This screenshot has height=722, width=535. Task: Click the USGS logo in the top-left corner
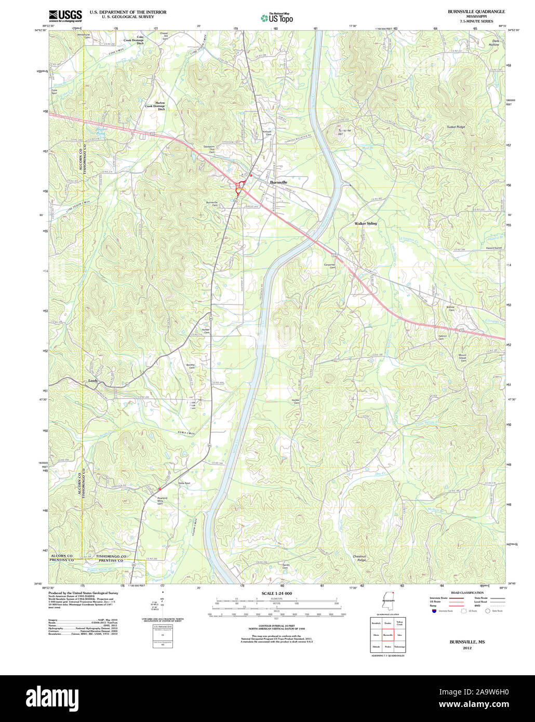pyautogui.click(x=65, y=15)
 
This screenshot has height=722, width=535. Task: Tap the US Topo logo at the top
pyautogui.click(x=277, y=18)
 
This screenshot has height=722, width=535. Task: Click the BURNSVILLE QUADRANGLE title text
pyautogui.click(x=476, y=11)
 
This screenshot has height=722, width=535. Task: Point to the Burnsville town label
pyautogui.click(x=278, y=182)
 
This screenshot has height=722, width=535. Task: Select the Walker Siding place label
pyautogui.click(x=366, y=223)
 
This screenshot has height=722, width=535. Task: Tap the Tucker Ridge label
pyautogui.click(x=456, y=127)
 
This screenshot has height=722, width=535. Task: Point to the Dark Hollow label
pyautogui.click(x=493, y=43)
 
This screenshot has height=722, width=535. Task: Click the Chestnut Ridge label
pyautogui.click(x=359, y=558)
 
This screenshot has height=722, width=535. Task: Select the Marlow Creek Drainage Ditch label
pyautogui.click(x=155, y=106)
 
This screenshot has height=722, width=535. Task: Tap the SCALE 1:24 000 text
pyautogui.click(x=276, y=593)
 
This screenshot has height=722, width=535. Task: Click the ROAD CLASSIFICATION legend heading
pyautogui.click(x=467, y=593)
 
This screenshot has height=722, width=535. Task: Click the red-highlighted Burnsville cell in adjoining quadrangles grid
pyautogui.click(x=387, y=635)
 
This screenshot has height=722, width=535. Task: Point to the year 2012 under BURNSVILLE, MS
pyautogui.click(x=467, y=648)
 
